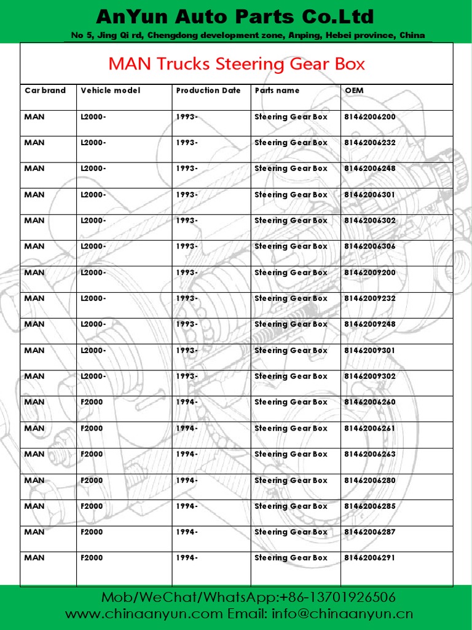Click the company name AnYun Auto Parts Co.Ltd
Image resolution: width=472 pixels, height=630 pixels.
click(x=235, y=16)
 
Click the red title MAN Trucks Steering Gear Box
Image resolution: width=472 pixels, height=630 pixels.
click(x=237, y=64)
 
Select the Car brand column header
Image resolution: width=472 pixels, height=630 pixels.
click(x=45, y=90)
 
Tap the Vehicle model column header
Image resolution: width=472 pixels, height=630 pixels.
click(x=111, y=90)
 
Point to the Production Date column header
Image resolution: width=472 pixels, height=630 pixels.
click(x=208, y=90)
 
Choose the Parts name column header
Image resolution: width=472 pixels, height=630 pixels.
click(x=277, y=90)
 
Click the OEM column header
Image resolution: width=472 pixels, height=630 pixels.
click(x=355, y=90)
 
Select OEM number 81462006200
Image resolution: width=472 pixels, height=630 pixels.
click(x=370, y=117)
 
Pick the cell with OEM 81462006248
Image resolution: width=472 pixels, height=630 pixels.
click(x=370, y=169)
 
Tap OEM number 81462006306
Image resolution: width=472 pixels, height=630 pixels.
click(x=370, y=246)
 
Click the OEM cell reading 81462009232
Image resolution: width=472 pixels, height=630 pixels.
click(x=370, y=298)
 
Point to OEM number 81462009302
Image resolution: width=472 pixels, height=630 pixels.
click(x=370, y=376)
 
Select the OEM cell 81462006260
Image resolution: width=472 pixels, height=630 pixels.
click(x=370, y=402)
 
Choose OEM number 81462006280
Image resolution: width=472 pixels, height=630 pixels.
click(x=370, y=480)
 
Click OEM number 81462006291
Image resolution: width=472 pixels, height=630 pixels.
click(x=370, y=558)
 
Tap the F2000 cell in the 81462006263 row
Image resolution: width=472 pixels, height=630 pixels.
click(x=92, y=454)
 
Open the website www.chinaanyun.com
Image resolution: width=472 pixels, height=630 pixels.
click(x=144, y=614)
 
